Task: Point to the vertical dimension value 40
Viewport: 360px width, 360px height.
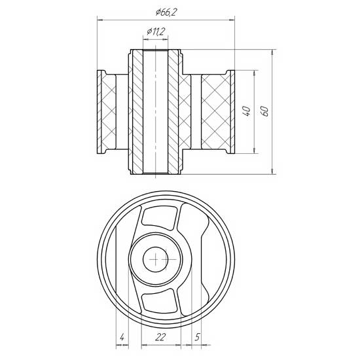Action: click(246, 111)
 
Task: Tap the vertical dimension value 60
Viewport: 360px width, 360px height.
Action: click(265, 111)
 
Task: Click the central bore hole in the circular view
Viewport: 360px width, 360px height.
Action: click(156, 260)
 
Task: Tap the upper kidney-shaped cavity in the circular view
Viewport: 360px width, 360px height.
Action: click(158, 221)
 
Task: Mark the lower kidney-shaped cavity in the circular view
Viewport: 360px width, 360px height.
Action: click(158, 300)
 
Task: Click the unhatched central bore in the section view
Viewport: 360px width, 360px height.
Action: click(156, 111)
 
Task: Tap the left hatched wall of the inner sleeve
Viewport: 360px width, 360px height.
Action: click(137, 111)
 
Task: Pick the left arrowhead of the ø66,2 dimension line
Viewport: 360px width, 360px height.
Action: click(100, 20)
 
